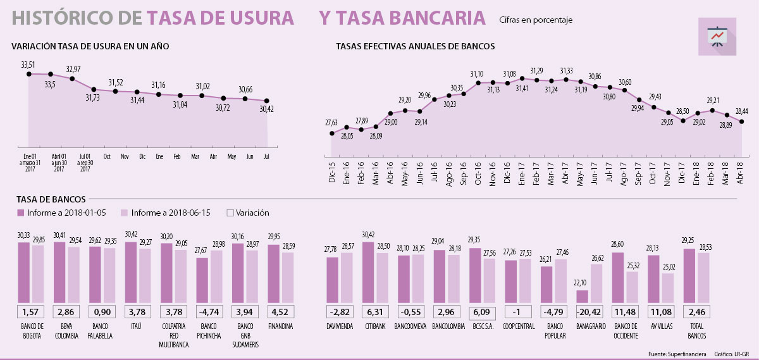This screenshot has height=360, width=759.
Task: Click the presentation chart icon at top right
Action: (x=717, y=36)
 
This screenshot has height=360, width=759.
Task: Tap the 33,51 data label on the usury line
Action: (x=28, y=65)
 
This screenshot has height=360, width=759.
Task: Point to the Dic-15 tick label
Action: (x=331, y=171)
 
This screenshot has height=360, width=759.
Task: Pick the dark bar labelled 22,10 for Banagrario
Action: (x=582, y=296)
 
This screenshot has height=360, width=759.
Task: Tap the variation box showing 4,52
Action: (x=279, y=311)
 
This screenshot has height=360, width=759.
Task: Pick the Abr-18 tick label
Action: (x=742, y=171)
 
